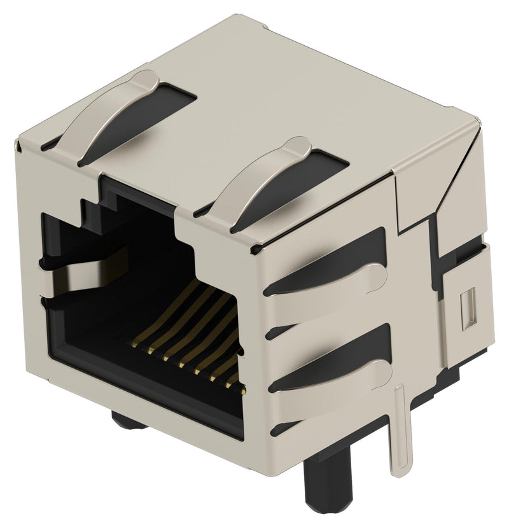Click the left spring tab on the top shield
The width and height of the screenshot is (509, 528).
(x=118, y=115)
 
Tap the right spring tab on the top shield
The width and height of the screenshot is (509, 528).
(x=267, y=178)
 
